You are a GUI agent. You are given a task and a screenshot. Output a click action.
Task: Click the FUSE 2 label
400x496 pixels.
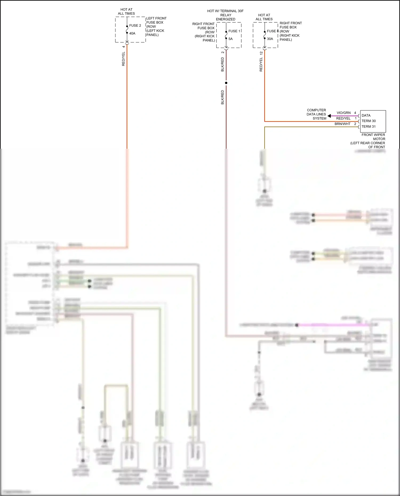click(135, 26)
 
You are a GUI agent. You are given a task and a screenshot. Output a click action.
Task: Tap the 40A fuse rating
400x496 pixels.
click(132, 33)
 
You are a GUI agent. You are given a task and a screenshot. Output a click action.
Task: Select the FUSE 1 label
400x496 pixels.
click(234, 31)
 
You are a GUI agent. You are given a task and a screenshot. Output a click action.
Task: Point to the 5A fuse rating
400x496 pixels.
click(230, 39)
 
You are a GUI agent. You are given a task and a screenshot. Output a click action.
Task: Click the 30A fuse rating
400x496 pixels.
click(270, 39)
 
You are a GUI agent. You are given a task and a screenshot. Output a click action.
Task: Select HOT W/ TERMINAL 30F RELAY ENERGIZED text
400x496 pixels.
click(225, 15)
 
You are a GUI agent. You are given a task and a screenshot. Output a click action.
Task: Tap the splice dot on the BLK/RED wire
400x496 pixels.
click(226, 83)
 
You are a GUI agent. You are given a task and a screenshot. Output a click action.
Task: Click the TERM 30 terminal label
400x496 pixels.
click(369, 121)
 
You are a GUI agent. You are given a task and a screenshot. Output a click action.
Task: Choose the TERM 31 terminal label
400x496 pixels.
click(369, 127)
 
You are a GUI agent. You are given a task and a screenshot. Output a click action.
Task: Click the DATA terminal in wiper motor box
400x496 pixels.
click(366, 115)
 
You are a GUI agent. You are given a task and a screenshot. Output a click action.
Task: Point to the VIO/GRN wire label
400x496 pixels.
click(343, 113)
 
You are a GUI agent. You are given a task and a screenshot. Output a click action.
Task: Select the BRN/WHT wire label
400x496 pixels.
click(342, 124)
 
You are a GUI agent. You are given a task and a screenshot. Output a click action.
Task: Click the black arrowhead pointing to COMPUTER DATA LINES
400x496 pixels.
click(329, 116)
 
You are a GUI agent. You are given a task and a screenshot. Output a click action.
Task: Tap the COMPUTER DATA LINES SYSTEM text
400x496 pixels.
click(316, 114)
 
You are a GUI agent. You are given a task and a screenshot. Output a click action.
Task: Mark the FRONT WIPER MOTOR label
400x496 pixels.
click(373, 137)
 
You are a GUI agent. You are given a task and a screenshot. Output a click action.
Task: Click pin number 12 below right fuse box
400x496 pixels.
click(261, 53)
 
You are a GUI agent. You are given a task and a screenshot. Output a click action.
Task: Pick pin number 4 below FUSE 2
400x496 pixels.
click(123, 47)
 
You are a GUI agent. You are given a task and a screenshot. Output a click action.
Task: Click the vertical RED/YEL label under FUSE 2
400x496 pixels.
click(123, 59)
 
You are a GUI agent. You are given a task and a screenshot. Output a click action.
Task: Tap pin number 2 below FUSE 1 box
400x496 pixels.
click(223, 53)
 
